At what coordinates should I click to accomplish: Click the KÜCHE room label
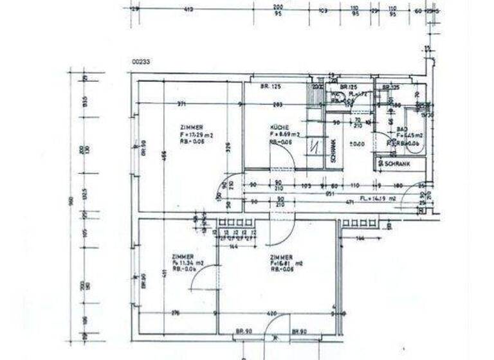[x=280, y=127]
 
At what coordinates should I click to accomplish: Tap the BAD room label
[x=401, y=129]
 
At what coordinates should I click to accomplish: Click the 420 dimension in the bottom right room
[x=271, y=313]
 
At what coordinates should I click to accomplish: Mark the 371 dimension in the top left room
[x=182, y=104]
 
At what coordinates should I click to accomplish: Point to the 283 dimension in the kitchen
[x=278, y=104]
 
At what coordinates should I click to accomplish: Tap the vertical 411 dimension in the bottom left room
[x=165, y=273]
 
